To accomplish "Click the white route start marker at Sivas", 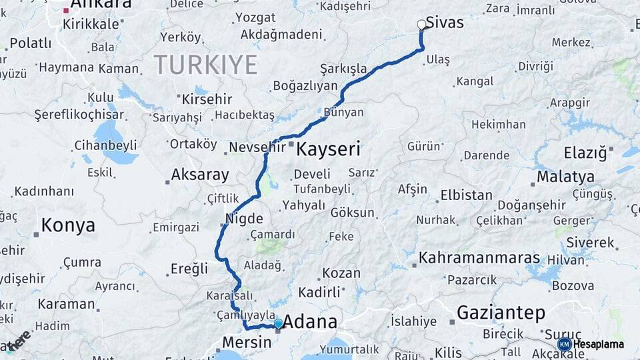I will coord(421,25).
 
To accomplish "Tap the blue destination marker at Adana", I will coord(278,324).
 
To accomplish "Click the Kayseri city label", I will coord(327,149).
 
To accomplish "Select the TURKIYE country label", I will coord(205,65).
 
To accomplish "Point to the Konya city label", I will coord(68,225).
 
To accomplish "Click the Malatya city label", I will coord(565,177).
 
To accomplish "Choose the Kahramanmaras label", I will coord(479,257).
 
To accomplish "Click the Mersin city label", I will coord(246,342).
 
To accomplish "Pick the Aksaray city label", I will coord(200,175).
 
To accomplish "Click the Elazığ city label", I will coord(585,153).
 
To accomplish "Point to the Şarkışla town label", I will coord(343,69).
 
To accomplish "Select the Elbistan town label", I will coord(466,196).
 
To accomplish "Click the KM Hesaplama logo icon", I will coord(564,344).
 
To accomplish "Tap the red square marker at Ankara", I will coord(66,11).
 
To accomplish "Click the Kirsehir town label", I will coord(209,99).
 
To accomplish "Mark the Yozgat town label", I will coord(255,17).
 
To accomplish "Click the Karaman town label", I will coord(66,304).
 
